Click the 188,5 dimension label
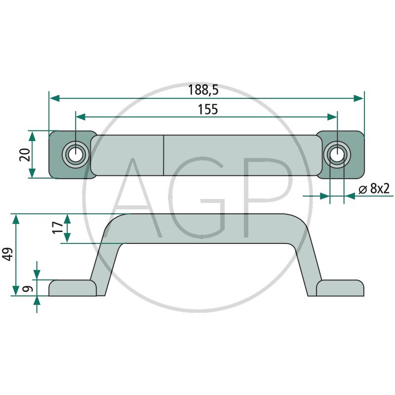pyautogui.click(x=203, y=90)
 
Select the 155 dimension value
pyautogui.click(x=208, y=110)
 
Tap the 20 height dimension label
pyautogui.click(x=25, y=155)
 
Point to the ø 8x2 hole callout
pyautogui.click(x=374, y=189)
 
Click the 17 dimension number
pyautogui.click(x=58, y=228)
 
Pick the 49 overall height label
pyautogui.click(x=7, y=254)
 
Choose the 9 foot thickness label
pyautogui.click(x=28, y=289)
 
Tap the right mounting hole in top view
pyautogui.click(x=337, y=155)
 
